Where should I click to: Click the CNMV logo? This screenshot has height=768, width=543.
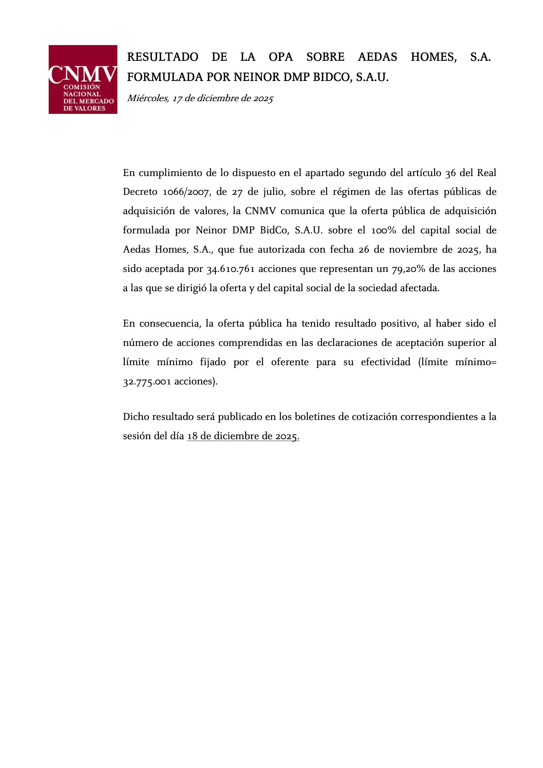pyautogui.click(x=83, y=79)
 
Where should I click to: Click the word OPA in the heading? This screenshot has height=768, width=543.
pyautogui.click(x=281, y=57)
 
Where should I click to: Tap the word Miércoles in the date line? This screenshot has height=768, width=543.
pyautogui.click(x=148, y=99)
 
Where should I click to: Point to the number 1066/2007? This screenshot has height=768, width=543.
pyautogui.click(x=186, y=192)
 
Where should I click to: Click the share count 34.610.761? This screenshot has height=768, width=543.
pyautogui.click(x=230, y=269)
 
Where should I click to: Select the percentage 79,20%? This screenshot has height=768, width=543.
pyautogui.click(x=409, y=269)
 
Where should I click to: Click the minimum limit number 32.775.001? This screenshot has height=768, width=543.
pyautogui.click(x=147, y=381)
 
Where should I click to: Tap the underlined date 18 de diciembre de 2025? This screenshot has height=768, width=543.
pyautogui.click(x=243, y=436)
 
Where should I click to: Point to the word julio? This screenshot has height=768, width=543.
pyautogui.click(x=273, y=192)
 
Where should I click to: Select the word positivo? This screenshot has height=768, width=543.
pyautogui.click(x=398, y=324)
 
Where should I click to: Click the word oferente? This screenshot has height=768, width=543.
pyautogui.click(x=290, y=362)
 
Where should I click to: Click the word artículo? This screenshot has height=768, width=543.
pyautogui.click(x=424, y=173)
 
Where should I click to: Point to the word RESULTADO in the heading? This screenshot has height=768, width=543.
pyautogui.click(x=162, y=57)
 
